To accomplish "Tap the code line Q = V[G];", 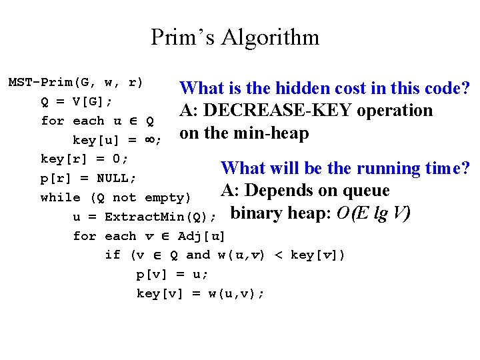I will point(77,102).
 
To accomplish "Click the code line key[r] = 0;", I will point(85,159).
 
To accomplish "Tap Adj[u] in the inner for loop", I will point(201,236).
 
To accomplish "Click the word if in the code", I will point(113,255).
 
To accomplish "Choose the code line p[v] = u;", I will point(173,274).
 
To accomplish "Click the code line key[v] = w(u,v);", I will point(200,293).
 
